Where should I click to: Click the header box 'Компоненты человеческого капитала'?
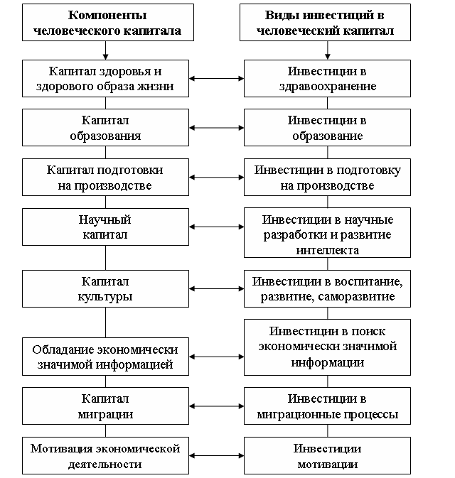[105, 23]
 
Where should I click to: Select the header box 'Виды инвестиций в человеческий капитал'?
[327, 23]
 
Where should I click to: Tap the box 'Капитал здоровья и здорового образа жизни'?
[105, 78]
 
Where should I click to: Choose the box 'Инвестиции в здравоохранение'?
[327, 78]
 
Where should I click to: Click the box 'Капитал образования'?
[105, 127]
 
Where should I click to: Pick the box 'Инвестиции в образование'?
[327, 127]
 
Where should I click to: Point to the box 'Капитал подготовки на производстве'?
[105, 178]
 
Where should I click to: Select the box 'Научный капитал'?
[105, 227]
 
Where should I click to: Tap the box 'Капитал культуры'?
[105, 288]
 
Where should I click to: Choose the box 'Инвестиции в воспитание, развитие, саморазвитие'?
[327, 288]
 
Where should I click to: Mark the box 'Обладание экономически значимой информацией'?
[105, 357]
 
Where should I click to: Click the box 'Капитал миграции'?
[105, 406]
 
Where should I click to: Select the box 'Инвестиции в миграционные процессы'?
[327, 406]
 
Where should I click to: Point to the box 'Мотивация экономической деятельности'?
[105, 456]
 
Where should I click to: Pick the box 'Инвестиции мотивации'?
[327, 456]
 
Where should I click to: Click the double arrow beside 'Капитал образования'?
[216, 128]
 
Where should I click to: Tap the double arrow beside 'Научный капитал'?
[216, 227]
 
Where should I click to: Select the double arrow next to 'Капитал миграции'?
[216, 406]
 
